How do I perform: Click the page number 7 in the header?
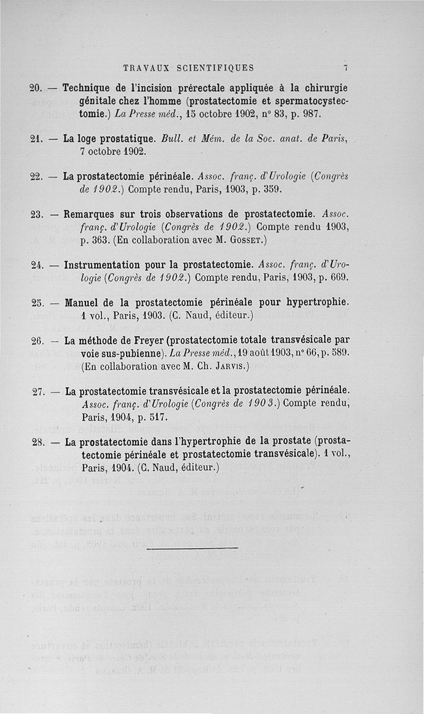pyautogui.click(x=345, y=68)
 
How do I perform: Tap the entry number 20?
pyautogui.click(x=36, y=87)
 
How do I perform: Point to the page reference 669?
pyautogui.click(x=338, y=277)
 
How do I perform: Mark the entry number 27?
pyautogui.click(x=38, y=392)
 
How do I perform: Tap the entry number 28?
pyautogui.click(x=37, y=443)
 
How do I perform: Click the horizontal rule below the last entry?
pyautogui.click(x=192, y=548)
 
